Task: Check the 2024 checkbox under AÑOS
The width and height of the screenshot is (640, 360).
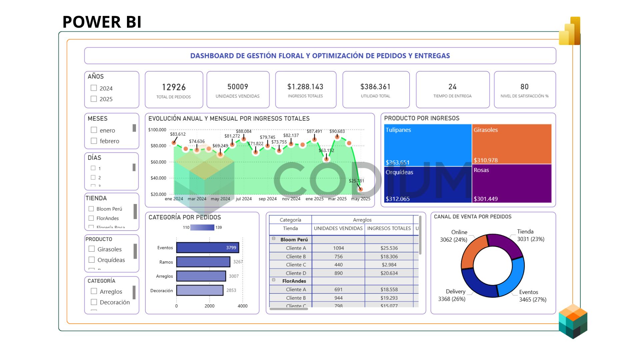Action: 94,88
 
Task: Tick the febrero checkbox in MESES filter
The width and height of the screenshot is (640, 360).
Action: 94,141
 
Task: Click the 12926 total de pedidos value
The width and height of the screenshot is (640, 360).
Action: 174,87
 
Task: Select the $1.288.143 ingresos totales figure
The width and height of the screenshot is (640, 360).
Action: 305,87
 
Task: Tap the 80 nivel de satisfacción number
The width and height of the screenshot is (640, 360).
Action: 524,87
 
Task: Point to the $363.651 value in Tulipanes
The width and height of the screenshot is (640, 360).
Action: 397,163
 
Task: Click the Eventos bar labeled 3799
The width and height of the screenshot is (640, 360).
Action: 207,248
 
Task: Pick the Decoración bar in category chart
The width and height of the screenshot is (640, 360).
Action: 200,290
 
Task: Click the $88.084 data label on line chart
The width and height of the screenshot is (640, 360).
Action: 244,131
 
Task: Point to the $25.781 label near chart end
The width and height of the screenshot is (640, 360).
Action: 356,181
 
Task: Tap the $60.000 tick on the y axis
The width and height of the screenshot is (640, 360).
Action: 158,162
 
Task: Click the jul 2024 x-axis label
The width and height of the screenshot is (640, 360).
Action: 244,199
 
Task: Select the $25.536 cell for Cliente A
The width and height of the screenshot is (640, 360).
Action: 389,248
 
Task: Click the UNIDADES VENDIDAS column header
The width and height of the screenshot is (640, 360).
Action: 338,228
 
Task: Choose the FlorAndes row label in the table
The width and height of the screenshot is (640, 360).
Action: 294,281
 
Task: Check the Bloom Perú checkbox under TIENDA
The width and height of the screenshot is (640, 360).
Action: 91,209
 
